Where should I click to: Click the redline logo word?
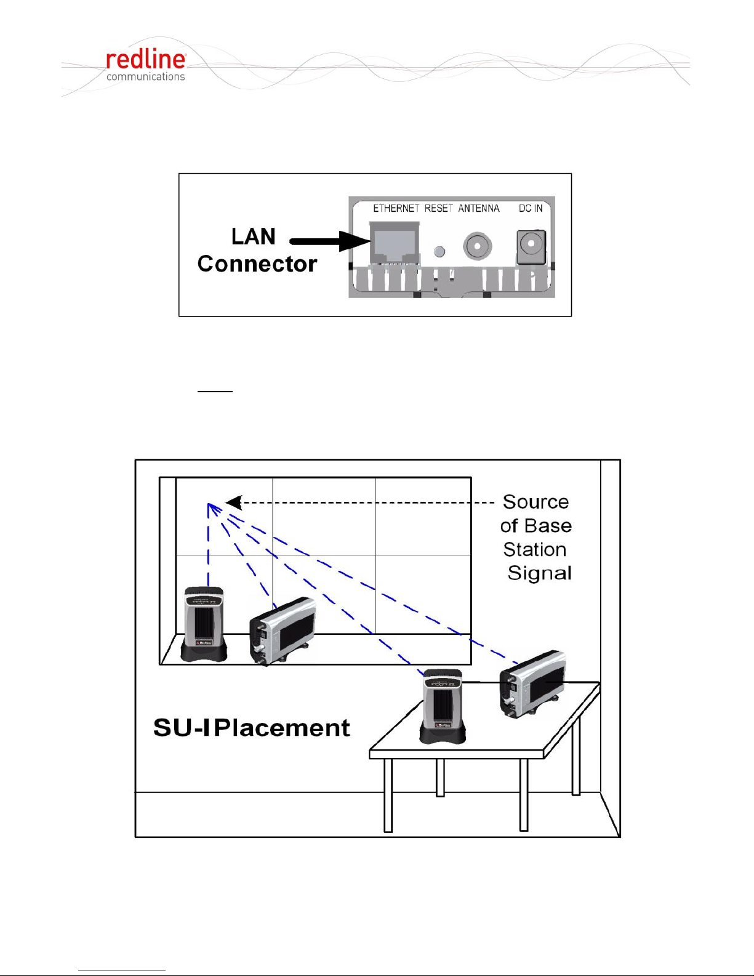pos(145,60)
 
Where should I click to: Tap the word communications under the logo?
pos(145,77)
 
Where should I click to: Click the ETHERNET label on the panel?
pos(396,209)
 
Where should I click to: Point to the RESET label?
pos(438,209)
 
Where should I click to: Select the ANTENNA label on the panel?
pos(479,209)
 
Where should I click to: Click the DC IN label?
pos(531,209)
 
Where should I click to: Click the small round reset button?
pos(439,251)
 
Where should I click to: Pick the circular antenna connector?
pos(477,246)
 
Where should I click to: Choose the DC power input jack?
pos(531,247)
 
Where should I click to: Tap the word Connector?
pos(257,264)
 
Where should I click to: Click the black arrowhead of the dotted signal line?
pos(233,502)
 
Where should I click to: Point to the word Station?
pos(534,549)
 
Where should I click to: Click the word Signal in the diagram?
pos(539,573)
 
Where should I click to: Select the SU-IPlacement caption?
pos(251,728)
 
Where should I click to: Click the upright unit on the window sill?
pos(204,624)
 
